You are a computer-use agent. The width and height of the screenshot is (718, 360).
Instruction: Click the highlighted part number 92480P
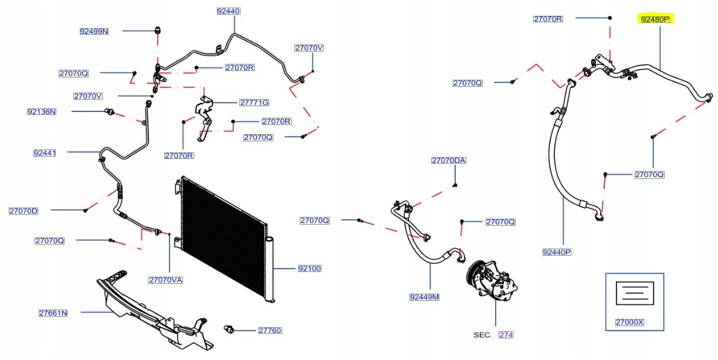(655, 19)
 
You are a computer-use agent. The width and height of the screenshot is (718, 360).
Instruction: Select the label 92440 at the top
(229, 11)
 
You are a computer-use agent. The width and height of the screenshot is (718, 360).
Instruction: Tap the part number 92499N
(94, 31)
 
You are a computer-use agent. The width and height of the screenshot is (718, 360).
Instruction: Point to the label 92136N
(42, 111)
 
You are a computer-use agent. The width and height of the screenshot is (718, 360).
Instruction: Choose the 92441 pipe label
(45, 153)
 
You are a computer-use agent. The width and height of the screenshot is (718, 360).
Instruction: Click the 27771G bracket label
(254, 103)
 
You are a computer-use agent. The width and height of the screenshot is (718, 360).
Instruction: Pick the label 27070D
(23, 210)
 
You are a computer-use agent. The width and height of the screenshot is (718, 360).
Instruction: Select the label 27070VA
(165, 280)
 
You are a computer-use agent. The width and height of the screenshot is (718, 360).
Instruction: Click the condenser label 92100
(309, 269)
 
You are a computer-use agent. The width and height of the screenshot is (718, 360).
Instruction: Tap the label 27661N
(53, 313)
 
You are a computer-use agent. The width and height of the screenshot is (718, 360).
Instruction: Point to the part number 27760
(270, 330)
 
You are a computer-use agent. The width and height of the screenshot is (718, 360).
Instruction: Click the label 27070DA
(449, 160)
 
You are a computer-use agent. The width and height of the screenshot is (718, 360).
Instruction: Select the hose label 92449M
(424, 297)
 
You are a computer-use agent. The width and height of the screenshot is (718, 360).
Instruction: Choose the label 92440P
(557, 252)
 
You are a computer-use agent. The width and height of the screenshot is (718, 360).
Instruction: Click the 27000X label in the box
(629, 322)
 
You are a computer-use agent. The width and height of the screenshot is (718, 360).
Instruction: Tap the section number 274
(506, 335)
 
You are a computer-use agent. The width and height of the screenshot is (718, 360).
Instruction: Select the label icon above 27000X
(634, 293)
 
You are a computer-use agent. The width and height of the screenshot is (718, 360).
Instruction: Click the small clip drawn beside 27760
(230, 329)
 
